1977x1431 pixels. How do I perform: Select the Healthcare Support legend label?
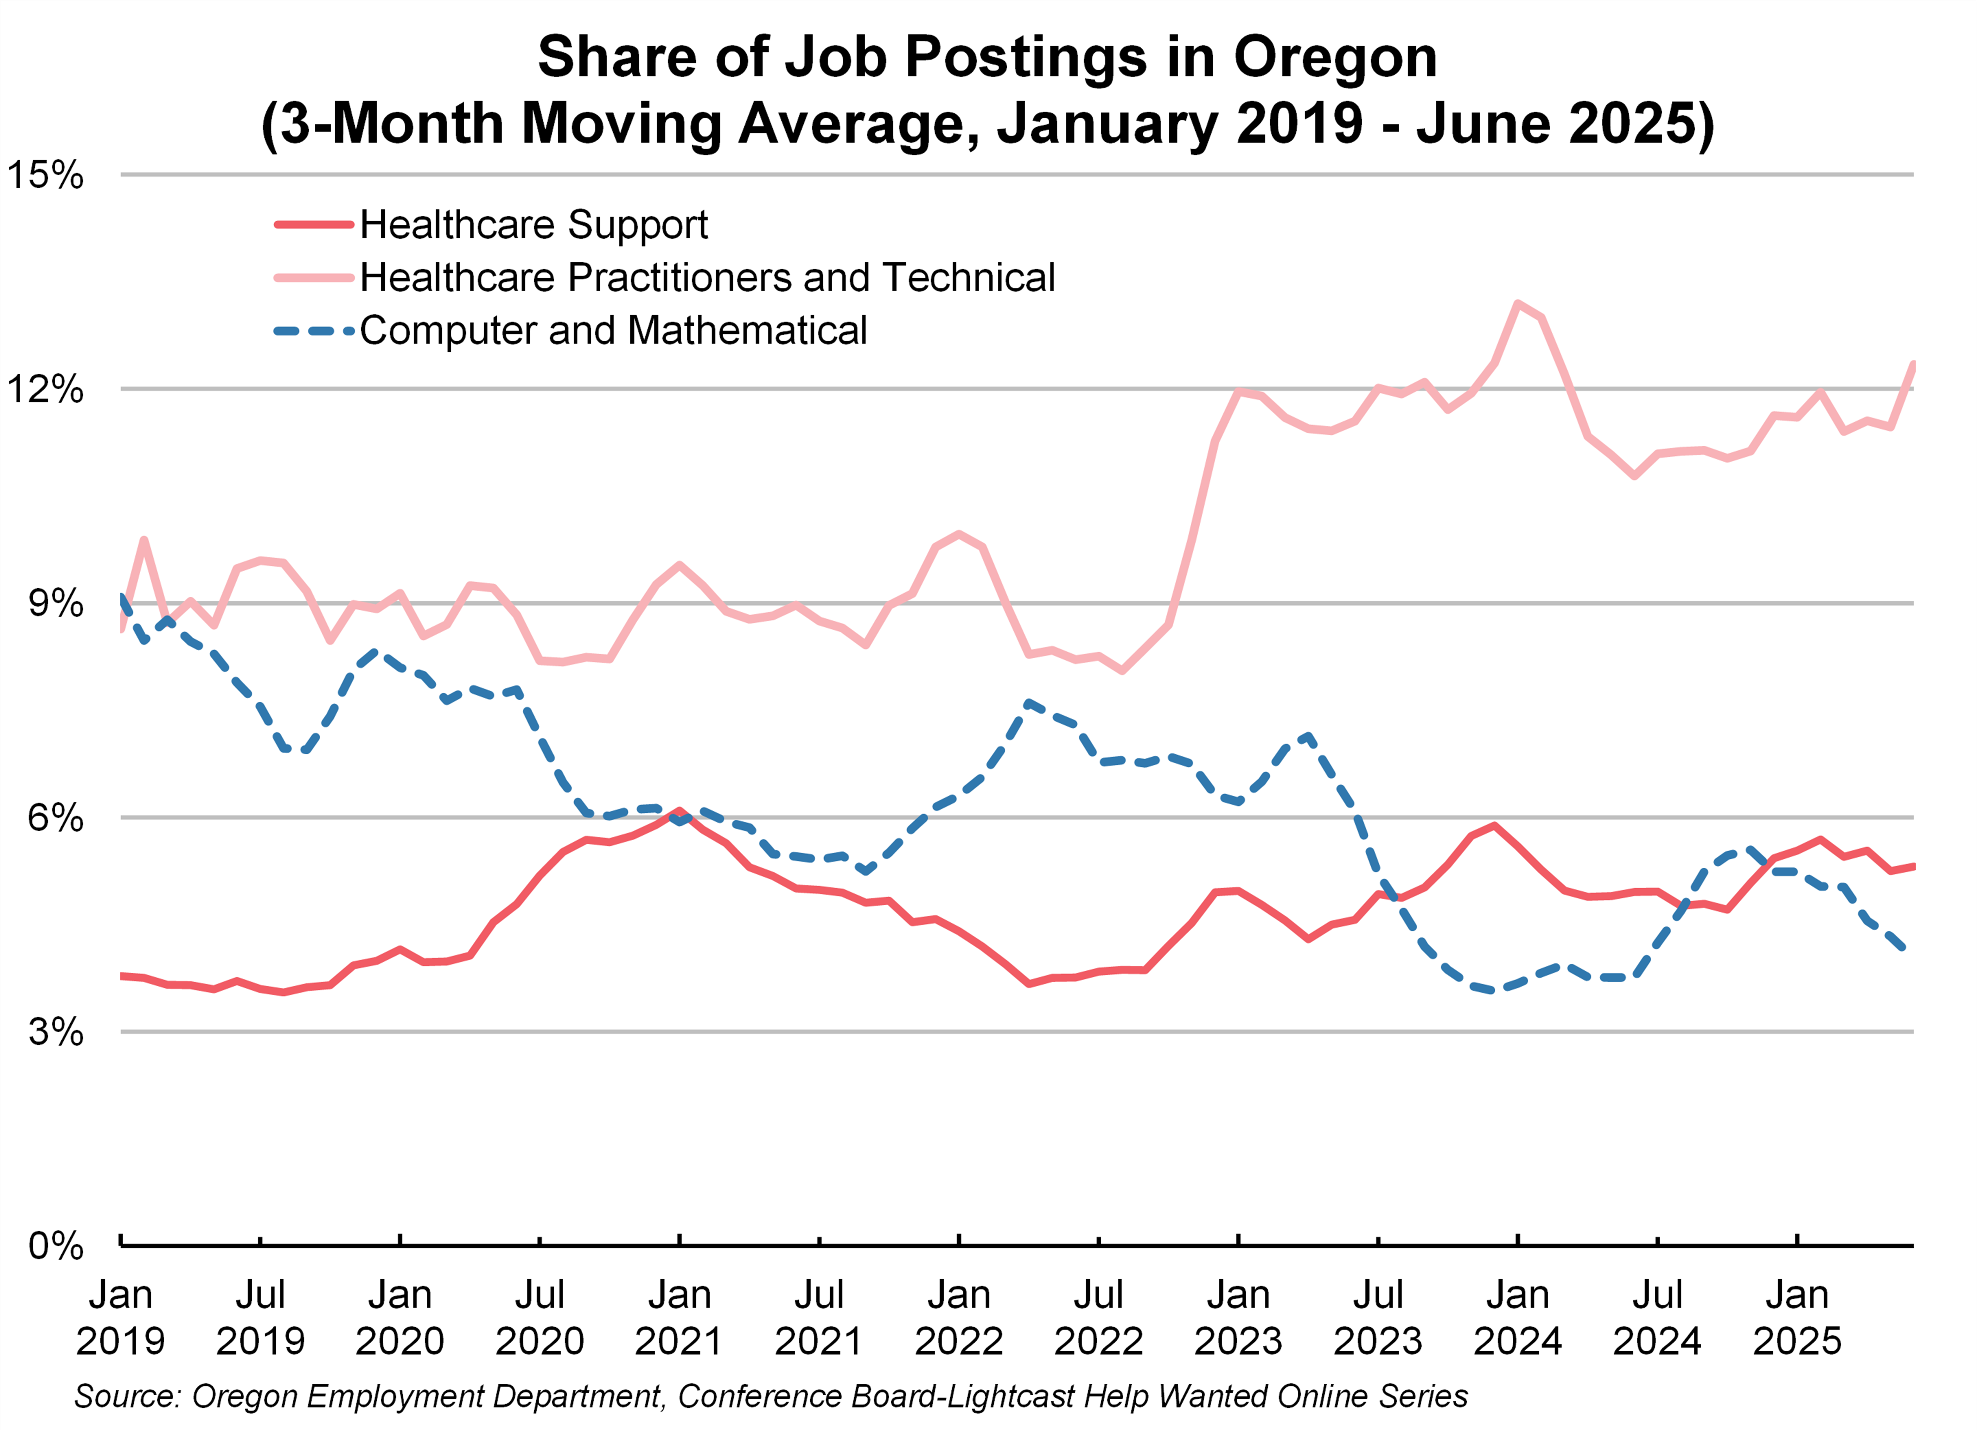point(534,225)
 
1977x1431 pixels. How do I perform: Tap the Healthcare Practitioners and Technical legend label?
point(707,278)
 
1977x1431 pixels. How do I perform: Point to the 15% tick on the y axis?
point(45,175)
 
